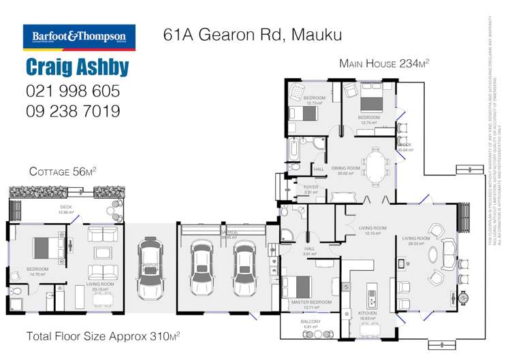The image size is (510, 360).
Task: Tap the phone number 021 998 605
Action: pyautogui.click(x=72, y=91)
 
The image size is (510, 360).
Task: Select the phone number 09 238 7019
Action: pyautogui.click(x=72, y=111)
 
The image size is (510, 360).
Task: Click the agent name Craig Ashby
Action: pyautogui.click(x=76, y=68)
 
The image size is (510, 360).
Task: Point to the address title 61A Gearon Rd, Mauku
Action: pyautogui.click(x=252, y=35)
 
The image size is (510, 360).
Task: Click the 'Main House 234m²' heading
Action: pyautogui.click(x=384, y=64)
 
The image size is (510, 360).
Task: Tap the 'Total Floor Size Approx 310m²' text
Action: pyautogui.click(x=103, y=336)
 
